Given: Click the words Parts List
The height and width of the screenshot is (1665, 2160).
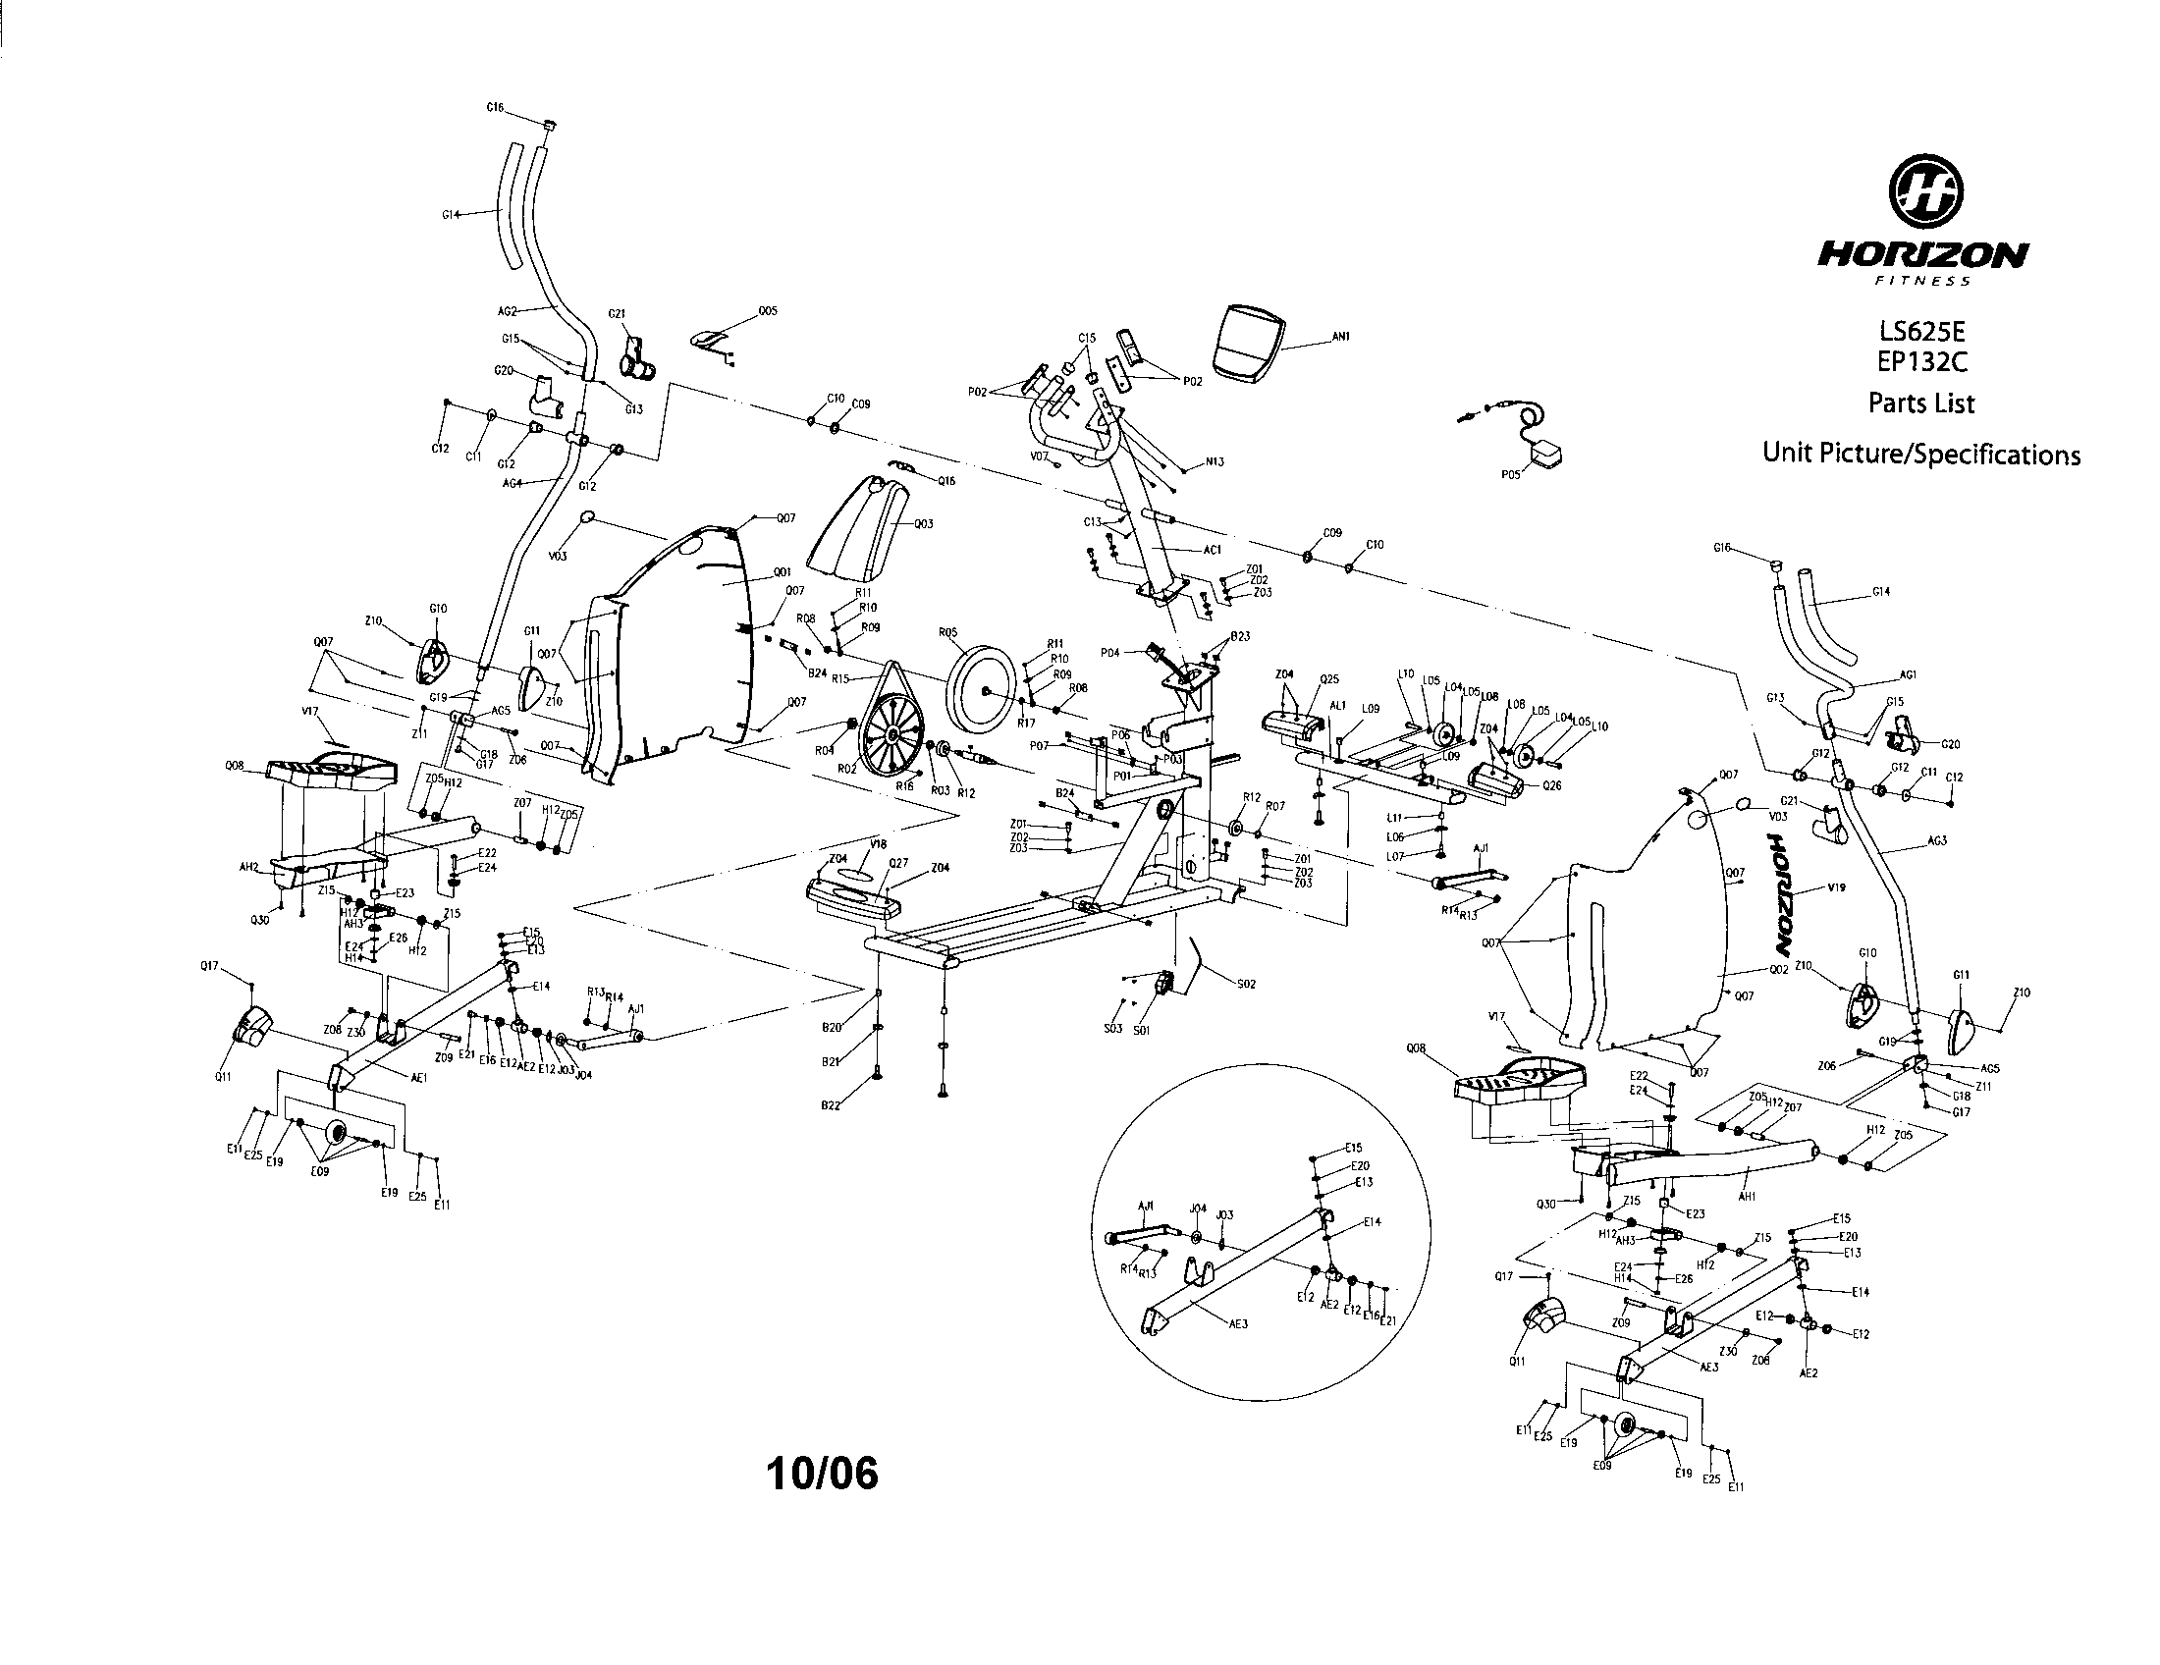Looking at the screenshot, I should point(1920,403).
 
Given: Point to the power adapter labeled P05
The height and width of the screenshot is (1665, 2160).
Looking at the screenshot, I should point(1545,456).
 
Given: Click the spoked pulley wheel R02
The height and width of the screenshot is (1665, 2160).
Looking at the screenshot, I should point(892,735).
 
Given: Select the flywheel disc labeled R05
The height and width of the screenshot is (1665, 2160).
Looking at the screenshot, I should point(981,688).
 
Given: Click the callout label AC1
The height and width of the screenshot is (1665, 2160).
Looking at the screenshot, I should point(1213,550).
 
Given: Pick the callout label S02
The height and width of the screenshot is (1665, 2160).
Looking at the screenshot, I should point(1246,984).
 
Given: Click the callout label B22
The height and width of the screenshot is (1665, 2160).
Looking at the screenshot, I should point(830,1105).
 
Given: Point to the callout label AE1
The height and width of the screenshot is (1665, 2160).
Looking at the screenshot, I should point(419,1079).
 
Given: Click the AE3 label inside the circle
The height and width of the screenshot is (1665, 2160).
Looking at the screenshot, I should point(1238,1324).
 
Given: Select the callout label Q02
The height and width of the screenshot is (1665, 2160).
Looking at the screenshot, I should point(1778,970).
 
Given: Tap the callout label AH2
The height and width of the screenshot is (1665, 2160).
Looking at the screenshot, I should point(248,866).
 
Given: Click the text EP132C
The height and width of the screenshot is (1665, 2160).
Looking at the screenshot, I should point(1922,363).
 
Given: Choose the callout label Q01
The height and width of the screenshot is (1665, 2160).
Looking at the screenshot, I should point(782,572).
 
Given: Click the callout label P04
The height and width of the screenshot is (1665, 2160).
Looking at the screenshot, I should point(1109,653).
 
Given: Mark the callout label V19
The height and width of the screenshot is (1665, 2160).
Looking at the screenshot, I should point(1837,887).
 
